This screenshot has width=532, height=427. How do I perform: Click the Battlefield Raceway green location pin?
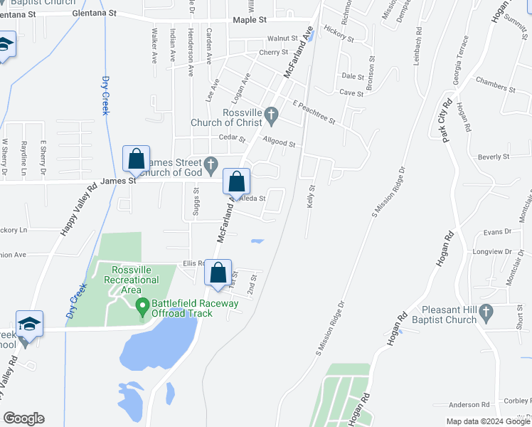(x=142, y=307)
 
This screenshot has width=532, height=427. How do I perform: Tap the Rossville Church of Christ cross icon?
(x=271, y=114)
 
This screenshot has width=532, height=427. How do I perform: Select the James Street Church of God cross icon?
(x=211, y=164)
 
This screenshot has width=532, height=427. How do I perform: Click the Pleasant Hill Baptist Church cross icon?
(x=486, y=311)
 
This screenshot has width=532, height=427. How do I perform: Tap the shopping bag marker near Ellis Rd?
(x=218, y=273)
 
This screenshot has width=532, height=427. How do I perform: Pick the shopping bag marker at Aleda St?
(x=237, y=182)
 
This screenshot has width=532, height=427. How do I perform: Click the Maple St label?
(x=250, y=21)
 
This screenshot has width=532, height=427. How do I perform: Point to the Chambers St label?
(x=495, y=85)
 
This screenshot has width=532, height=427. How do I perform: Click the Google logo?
(x=23, y=418)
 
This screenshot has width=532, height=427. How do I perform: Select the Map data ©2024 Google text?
(x=487, y=421)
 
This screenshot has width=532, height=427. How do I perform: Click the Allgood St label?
(x=279, y=142)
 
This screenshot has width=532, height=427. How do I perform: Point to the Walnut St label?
(x=282, y=38)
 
